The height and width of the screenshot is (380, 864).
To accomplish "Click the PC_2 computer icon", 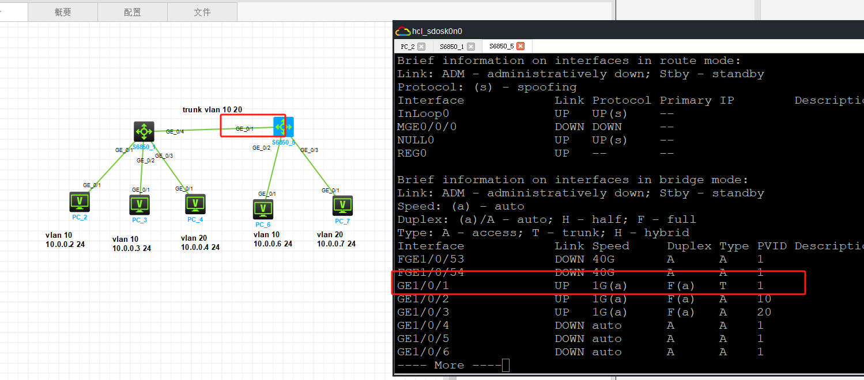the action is (80, 202).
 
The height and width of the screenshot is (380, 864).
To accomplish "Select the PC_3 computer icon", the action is (139, 204).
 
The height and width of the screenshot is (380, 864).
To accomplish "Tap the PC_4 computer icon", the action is (195, 204).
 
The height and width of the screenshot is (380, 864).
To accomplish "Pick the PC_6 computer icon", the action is (263, 210).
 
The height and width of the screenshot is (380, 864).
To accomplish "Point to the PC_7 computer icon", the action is (342, 206).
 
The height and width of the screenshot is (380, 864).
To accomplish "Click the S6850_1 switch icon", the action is (144, 132).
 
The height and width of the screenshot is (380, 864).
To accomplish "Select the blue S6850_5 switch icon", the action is (284, 127).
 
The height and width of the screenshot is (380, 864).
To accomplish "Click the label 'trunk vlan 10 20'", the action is (212, 109).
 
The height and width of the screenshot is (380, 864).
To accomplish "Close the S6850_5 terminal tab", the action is (520, 46).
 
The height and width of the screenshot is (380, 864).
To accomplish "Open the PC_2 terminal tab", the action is (408, 47).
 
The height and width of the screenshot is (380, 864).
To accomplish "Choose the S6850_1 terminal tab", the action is (452, 47).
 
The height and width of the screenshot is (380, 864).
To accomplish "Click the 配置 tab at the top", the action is (133, 12).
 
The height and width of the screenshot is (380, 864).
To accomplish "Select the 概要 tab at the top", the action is (63, 12).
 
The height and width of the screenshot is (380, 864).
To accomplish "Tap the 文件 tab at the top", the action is (202, 12).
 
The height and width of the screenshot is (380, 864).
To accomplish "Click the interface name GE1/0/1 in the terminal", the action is (423, 286).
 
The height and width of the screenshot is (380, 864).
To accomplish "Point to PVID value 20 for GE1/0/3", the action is (764, 312).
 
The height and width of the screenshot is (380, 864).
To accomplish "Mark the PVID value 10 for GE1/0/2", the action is (764, 299).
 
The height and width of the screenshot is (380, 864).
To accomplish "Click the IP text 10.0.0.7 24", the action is (336, 244).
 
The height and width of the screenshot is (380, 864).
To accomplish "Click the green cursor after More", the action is (505, 366).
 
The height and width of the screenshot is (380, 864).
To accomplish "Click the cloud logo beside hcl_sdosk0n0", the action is (403, 31).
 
